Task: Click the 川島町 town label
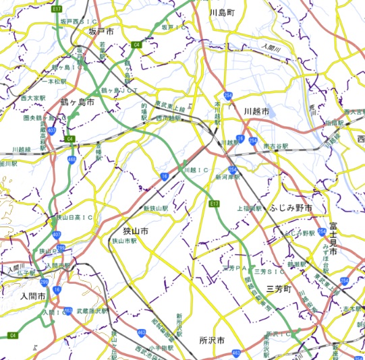pyautogui.click(x=221, y=12)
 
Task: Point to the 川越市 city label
pyautogui.click(x=256, y=110)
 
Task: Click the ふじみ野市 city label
pyautogui.click(x=291, y=209)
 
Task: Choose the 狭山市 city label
pyautogui.click(x=135, y=231)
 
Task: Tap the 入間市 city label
pyautogui.click(x=32, y=296)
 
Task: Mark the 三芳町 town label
pyautogui.click(x=279, y=288)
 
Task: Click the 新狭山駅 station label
pyautogui.click(x=155, y=208)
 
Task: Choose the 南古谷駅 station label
pyautogui.click(x=275, y=145)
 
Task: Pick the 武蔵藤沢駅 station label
pyautogui.click(x=91, y=311)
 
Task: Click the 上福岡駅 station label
pyautogui.click(x=249, y=208)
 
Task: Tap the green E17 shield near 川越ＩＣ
pyautogui.click(x=215, y=203)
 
